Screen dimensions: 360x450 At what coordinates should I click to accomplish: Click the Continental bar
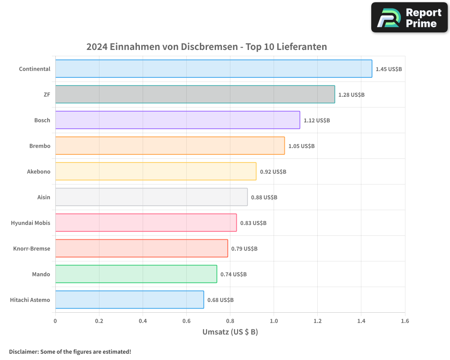pos(214,69)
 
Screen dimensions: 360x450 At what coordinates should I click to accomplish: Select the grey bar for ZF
pos(195,94)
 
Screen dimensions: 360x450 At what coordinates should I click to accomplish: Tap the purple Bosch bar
pos(177,120)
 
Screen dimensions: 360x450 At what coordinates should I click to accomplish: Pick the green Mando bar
pos(136,274)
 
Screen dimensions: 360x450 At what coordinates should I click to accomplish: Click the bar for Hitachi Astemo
pos(130,300)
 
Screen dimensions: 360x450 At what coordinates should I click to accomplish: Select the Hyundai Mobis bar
pos(146,223)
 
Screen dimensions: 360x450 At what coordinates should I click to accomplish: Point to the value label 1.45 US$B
pos(389,69)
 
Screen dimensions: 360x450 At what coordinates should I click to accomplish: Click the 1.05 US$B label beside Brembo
pos(301,146)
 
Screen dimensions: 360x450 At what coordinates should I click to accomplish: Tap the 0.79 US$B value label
pos(244,248)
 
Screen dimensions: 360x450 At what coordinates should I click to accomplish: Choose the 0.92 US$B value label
pos(273,172)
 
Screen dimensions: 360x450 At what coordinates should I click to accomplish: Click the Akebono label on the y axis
pos(39,171)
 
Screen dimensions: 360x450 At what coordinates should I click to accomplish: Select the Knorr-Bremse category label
pos(32,248)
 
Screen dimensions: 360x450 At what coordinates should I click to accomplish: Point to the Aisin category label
pos(44,197)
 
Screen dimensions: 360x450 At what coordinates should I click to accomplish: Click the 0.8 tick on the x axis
pos(230,321)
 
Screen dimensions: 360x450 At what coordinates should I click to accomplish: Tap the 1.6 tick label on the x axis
pos(405,321)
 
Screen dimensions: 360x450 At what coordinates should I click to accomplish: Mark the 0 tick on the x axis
pos(55,321)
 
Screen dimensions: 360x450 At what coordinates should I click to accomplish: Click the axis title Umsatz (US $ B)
pos(230,332)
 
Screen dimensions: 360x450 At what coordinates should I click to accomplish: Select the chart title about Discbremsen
pos(207,47)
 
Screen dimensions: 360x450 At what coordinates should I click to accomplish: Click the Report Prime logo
pos(409,17)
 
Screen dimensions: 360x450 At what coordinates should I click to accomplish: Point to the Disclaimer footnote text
pos(70,351)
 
